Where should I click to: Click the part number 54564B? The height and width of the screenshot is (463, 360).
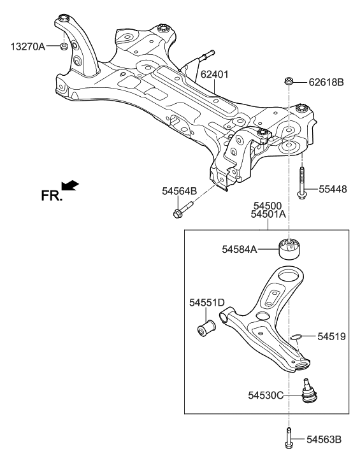point(180,190)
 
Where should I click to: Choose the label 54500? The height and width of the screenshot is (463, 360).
point(267,206)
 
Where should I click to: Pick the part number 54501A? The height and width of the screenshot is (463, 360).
point(268,215)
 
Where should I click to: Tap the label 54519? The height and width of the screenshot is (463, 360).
point(331,336)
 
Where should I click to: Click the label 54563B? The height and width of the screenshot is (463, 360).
point(323,439)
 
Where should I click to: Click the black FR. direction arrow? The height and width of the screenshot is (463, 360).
point(71,185)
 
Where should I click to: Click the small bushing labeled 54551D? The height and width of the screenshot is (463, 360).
point(207,328)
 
